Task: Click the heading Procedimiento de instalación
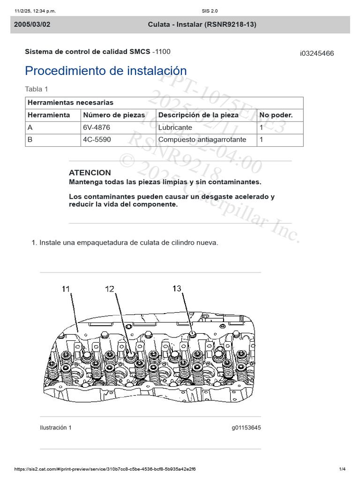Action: point(105,71)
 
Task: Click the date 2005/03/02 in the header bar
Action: point(32,24)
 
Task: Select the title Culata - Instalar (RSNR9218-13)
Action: point(202,24)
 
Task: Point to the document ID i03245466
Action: point(317,53)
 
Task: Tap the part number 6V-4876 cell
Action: point(97,127)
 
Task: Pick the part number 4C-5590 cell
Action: point(97,140)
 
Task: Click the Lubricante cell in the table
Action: point(175,127)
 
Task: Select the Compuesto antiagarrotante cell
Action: point(202,140)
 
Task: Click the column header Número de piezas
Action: point(114,115)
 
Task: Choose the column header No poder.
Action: point(276,115)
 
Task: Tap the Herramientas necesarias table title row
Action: point(71,103)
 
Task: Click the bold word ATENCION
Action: point(90,172)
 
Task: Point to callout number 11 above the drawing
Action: point(67,290)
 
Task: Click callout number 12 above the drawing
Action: point(109,289)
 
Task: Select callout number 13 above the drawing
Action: point(176,289)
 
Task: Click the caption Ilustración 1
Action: point(56,427)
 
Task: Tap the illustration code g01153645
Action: point(246,427)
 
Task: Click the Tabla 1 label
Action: point(37,89)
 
